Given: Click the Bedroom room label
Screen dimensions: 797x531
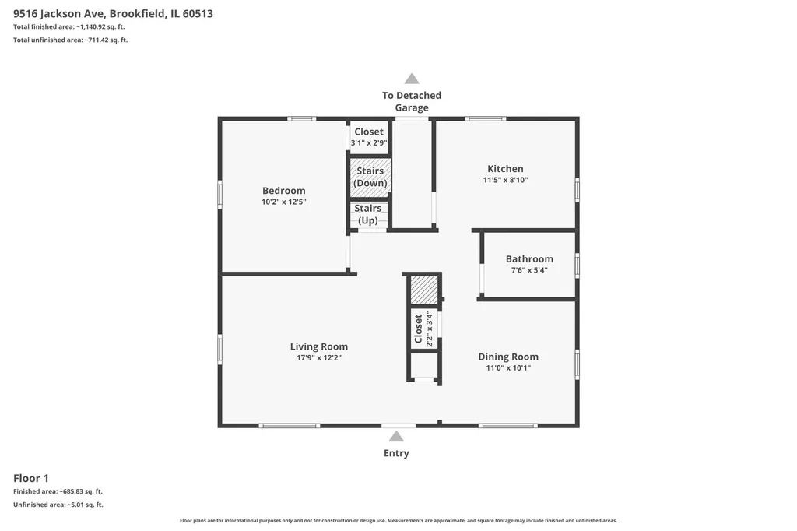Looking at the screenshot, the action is coord(283,191).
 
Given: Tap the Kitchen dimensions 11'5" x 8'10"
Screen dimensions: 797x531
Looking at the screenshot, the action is coord(505,180).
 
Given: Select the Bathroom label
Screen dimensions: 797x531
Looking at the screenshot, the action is coord(529,259).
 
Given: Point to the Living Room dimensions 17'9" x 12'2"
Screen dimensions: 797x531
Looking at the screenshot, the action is coord(318,358).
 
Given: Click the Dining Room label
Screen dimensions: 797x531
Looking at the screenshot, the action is coord(508,357).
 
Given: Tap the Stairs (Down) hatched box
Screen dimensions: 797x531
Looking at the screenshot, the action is coord(370,177).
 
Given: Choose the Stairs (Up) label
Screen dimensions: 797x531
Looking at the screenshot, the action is coord(368,214).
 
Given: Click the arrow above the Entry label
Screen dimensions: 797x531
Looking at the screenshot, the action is coord(396,436).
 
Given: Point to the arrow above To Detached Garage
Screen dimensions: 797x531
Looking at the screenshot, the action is coord(412,79).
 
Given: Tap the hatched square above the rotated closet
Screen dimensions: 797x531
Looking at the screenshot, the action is coord(424,290).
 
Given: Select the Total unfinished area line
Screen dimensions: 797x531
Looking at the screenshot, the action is coord(71,40).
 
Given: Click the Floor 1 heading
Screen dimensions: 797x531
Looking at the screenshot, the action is coord(31,478).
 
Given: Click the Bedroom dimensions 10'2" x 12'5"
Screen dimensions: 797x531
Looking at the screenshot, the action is coord(283,202).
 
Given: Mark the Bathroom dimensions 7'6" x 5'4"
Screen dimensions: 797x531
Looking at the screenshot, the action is coord(529,270).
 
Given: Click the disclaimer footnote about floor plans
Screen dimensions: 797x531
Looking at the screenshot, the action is coord(398,520).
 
